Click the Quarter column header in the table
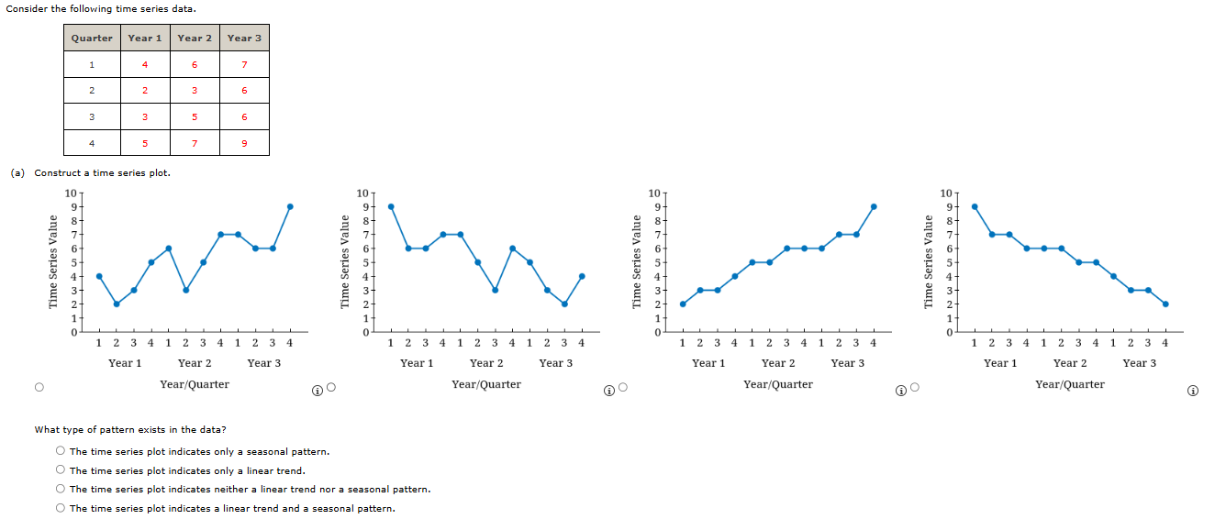[92, 38]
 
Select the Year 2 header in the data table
[195, 38]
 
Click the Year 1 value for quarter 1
[145, 64]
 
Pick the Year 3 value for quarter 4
[244, 143]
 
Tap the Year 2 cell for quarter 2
[195, 91]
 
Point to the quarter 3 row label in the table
[92, 116]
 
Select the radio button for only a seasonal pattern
[60, 451]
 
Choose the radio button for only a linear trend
[60, 470]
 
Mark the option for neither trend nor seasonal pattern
[60, 489]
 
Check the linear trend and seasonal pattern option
[60, 508]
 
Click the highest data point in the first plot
[290, 206]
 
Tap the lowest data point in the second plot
[564, 304]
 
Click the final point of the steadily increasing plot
[874, 206]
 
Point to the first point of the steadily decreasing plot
[975, 206]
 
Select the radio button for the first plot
[39, 388]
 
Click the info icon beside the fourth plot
[1192, 390]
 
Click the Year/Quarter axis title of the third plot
[778, 384]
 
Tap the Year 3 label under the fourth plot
[1139, 363]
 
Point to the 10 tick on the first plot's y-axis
[72, 193]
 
